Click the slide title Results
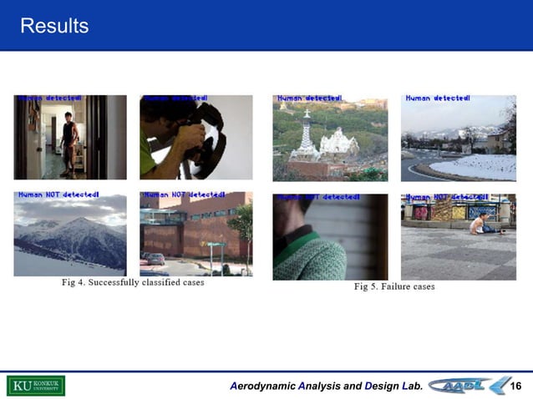click(53, 26)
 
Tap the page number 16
click(515, 386)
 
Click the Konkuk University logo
click(36, 386)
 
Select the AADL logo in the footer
click(472, 386)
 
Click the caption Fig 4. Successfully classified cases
click(133, 282)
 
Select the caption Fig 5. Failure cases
click(394, 286)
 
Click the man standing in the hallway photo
click(69, 139)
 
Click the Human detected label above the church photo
click(309, 98)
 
